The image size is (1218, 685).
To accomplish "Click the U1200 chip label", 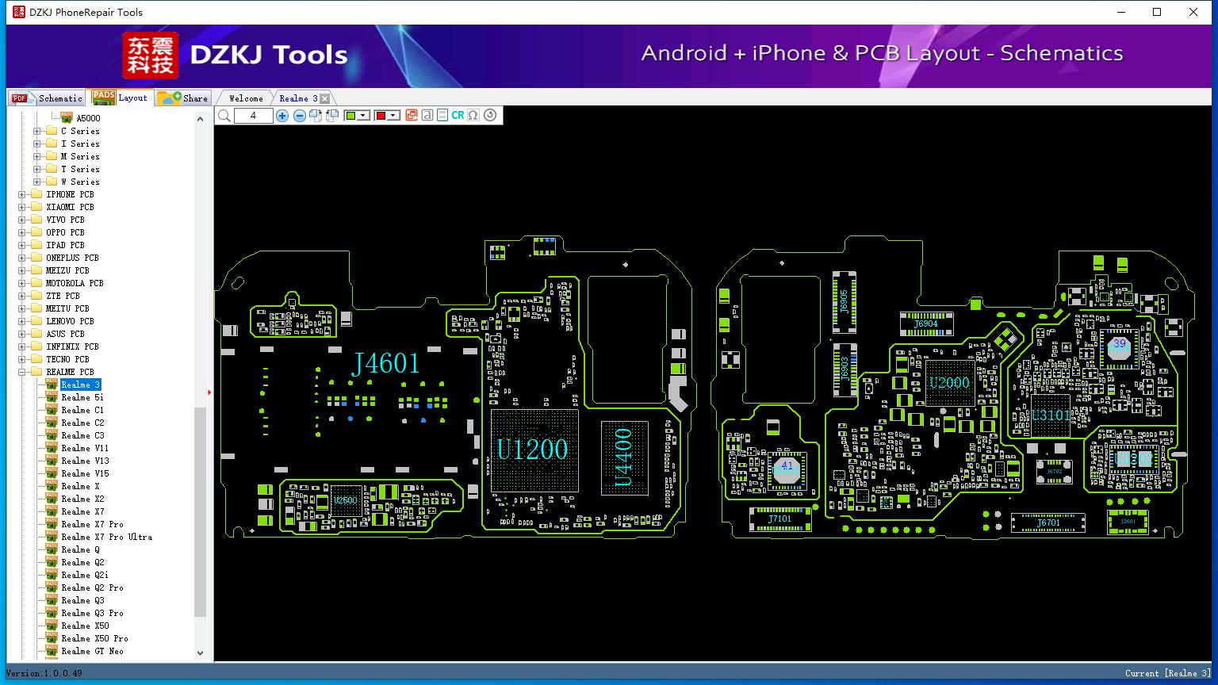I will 532,450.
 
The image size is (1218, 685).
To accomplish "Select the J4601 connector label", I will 385,363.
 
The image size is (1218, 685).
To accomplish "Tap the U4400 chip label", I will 624,457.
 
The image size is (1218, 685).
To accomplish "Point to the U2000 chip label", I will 949,383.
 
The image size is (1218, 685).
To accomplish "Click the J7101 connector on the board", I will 779,519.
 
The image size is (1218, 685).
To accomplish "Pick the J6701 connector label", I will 1048,523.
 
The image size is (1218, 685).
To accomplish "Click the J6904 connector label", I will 925,323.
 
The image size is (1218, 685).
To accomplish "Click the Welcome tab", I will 246,98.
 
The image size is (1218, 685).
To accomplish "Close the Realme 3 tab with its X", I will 324,98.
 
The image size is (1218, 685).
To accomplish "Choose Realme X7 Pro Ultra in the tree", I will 106,537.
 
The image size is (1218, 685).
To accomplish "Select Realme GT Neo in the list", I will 92,651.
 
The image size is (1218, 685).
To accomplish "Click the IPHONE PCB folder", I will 70,194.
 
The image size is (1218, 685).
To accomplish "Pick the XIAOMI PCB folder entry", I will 70,207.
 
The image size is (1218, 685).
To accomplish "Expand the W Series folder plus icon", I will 36,182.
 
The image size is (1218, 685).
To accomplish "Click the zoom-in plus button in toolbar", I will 282,116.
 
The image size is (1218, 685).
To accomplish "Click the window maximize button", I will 1157,12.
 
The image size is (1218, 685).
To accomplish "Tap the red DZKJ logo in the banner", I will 150,55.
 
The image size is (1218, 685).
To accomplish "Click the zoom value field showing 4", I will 253,116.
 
